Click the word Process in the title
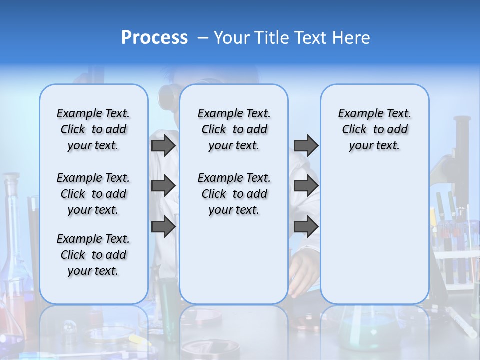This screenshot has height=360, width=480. [x=154, y=38]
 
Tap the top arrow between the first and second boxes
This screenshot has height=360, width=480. [x=163, y=145]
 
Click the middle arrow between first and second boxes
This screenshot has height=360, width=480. [x=163, y=186]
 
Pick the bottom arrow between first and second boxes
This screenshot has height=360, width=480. [x=163, y=227]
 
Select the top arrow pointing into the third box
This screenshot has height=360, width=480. [x=306, y=145]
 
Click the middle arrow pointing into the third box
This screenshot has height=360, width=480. [x=306, y=186]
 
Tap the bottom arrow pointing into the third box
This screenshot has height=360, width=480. [x=306, y=227]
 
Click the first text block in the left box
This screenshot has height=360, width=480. [x=93, y=129]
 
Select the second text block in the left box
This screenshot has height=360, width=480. [x=93, y=194]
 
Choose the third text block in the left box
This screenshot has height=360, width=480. [x=93, y=255]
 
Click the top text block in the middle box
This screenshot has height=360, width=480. [x=234, y=129]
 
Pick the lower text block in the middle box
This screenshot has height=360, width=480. [x=234, y=194]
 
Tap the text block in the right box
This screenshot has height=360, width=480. [x=374, y=129]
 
